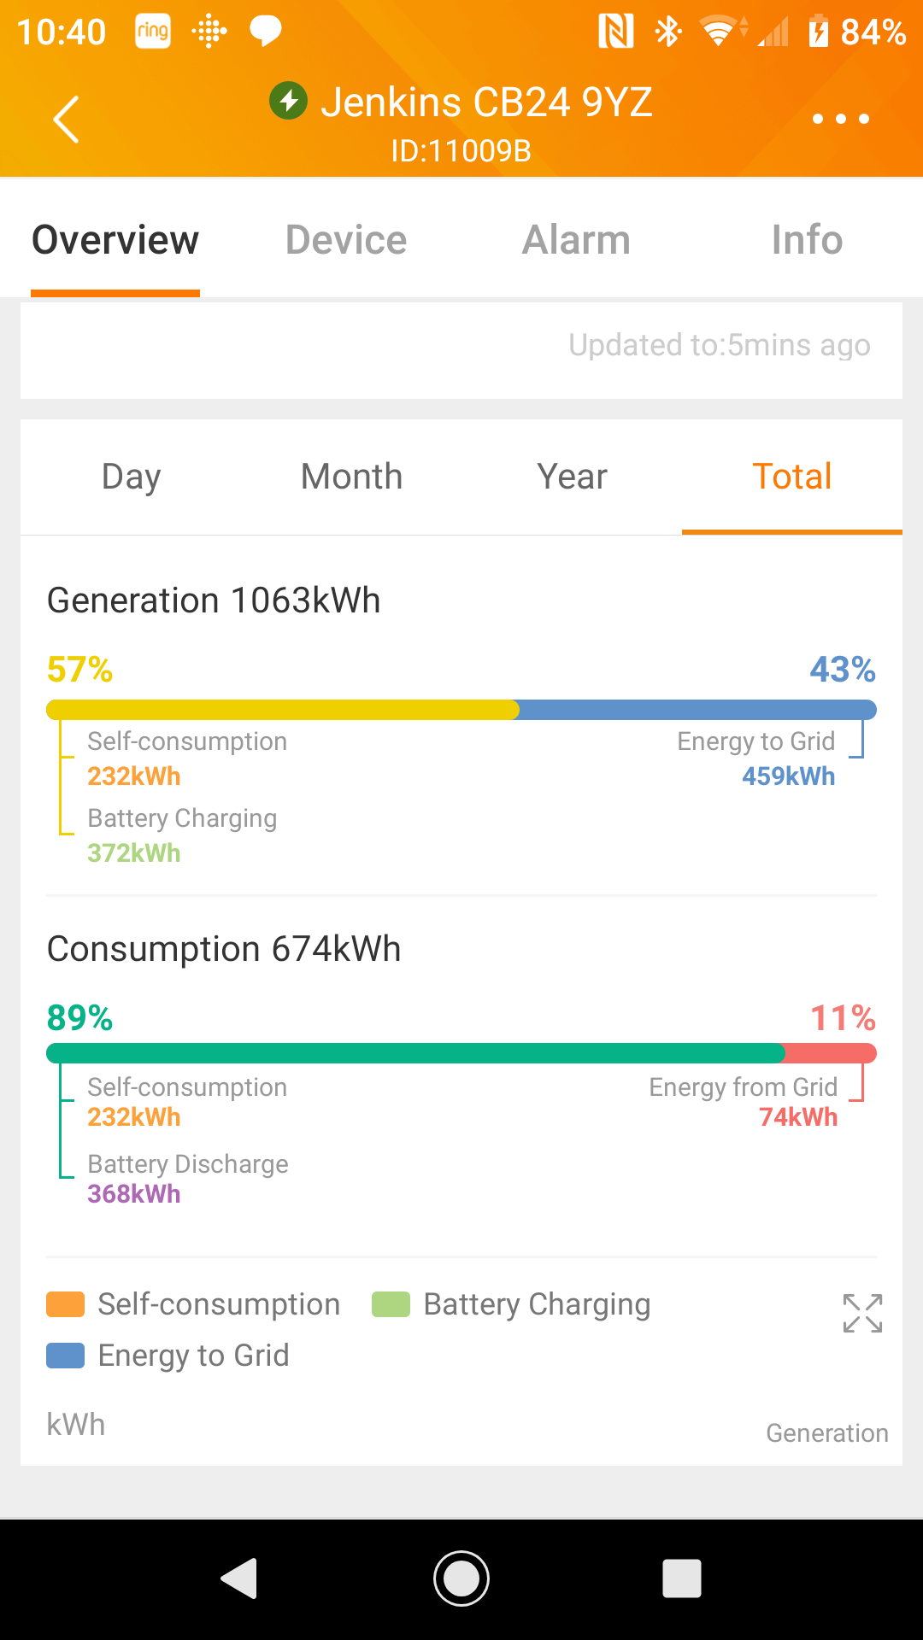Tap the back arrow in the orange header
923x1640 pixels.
click(x=67, y=119)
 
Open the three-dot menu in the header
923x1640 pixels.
click(x=841, y=119)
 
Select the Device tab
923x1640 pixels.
click(x=346, y=240)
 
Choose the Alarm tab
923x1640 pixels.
click(x=577, y=240)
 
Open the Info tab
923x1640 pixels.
click(x=807, y=240)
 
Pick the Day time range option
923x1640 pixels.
click(x=131, y=477)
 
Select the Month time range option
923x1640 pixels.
click(x=351, y=477)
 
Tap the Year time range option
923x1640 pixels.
click(x=572, y=477)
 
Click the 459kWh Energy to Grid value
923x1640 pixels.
click(x=788, y=776)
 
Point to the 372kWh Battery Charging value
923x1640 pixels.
click(x=134, y=853)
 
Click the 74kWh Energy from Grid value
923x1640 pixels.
click(x=798, y=1117)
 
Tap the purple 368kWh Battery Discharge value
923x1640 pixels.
click(x=134, y=1194)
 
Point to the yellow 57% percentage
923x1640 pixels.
click(x=79, y=670)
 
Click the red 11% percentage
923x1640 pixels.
click(x=843, y=1018)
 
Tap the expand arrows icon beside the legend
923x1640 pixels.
click(x=862, y=1313)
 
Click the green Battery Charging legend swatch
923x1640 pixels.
click(x=391, y=1304)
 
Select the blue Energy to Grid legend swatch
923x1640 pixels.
click(x=65, y=1356)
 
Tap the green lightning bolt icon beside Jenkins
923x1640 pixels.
click(x=289, y=102)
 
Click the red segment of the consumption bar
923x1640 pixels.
click(x=829, y=1053)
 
